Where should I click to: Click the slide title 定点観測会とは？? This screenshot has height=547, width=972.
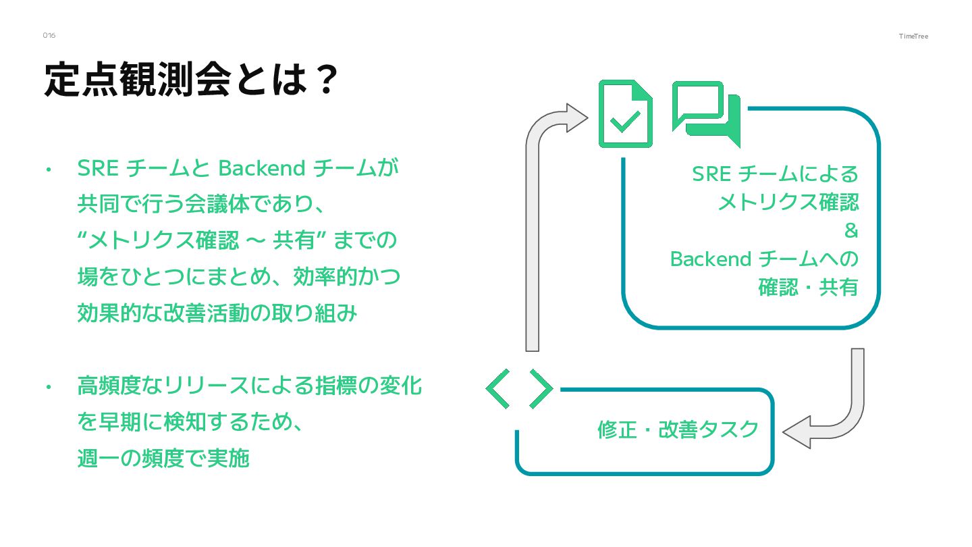coord(190,80)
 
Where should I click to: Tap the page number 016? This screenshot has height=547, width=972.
coord(49,35)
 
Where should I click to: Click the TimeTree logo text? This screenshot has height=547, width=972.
coord(913,36)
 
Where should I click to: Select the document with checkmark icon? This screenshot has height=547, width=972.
coord(625,114)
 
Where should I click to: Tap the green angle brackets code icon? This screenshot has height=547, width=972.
coord(519,389)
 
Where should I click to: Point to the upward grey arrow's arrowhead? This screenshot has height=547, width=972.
coord(575,118)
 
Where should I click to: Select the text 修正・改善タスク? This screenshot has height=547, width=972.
coord(678,430)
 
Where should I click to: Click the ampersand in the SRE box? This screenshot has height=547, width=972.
coord(851,231)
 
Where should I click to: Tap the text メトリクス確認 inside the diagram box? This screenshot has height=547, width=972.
coord(788,202)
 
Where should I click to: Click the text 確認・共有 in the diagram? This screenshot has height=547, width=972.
coord(808,288)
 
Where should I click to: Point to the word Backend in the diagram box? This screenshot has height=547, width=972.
coord(711,259)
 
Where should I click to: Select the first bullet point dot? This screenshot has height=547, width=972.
coord(49,170)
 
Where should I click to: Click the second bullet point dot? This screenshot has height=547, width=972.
coord(49,388)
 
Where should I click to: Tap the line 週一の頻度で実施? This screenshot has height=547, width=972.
coord(163,459)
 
